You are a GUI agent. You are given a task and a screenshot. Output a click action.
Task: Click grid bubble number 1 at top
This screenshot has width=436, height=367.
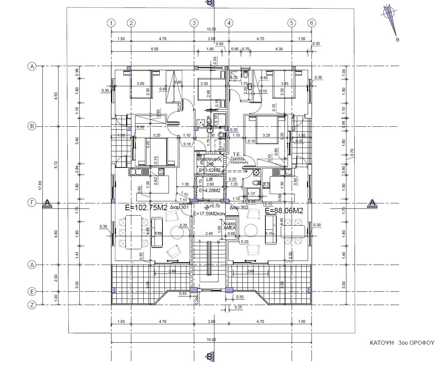(111, 23)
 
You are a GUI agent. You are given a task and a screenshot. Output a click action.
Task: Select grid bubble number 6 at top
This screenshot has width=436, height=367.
(312, 23)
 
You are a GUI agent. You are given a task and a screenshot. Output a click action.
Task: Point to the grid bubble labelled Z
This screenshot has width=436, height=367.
(32, 305)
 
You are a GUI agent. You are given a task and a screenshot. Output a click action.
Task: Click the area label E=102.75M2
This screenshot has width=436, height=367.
(146, 207)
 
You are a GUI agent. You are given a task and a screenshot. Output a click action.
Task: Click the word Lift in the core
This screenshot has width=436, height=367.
(210, 179)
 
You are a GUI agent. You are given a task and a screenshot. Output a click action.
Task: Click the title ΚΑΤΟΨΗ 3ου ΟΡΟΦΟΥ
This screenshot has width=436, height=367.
(401, 342)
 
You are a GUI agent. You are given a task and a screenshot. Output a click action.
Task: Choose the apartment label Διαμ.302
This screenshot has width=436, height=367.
(239, 207)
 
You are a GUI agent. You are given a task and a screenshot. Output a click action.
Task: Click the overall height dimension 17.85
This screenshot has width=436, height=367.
(40, 185)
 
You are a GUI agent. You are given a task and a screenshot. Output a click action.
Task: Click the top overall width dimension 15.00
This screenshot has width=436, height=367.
(211, 29)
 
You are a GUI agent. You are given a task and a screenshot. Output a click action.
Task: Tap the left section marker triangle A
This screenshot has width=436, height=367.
(48, 203)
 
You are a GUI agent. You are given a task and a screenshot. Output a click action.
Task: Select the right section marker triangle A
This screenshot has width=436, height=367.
(372, 203)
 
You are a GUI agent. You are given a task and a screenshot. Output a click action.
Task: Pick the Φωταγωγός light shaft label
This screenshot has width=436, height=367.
(210, 159)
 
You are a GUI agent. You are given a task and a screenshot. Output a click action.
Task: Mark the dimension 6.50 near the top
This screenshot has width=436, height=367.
(155, 49)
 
